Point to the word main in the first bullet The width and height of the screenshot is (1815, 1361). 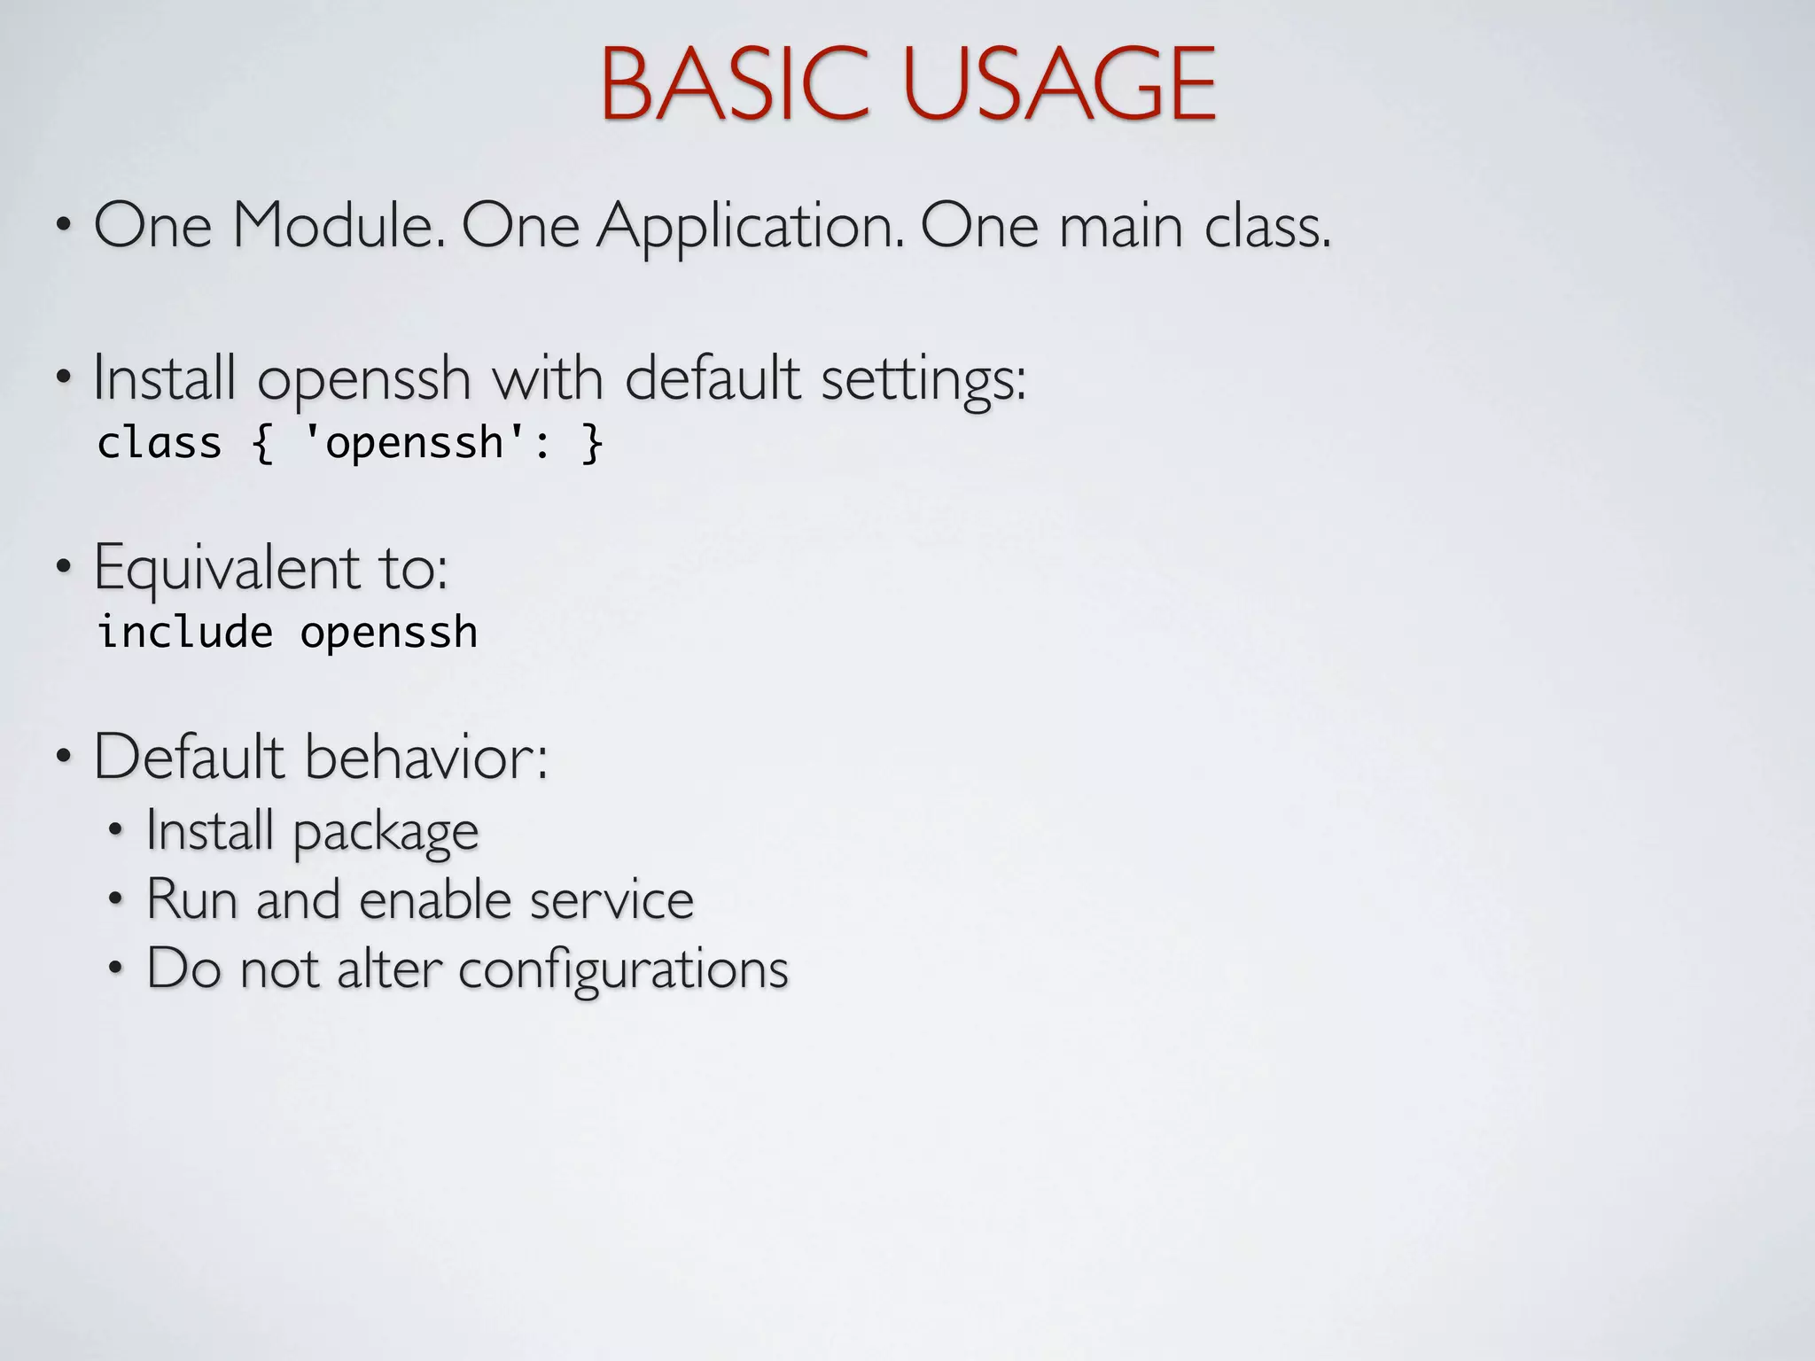coord(1121,226)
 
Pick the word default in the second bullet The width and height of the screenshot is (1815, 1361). coord(713,378)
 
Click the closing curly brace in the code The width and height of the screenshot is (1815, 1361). coord(592,443)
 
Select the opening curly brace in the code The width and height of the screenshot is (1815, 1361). coord(262,443)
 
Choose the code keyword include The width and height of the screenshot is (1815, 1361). coord(185,633)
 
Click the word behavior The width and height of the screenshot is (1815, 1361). coord(427,757)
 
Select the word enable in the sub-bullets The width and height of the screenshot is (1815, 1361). coord(436,899)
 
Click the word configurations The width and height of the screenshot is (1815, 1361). coord(623,969)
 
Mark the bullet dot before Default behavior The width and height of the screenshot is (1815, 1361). coord(63,758)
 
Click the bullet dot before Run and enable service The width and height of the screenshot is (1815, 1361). coord(114,900)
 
